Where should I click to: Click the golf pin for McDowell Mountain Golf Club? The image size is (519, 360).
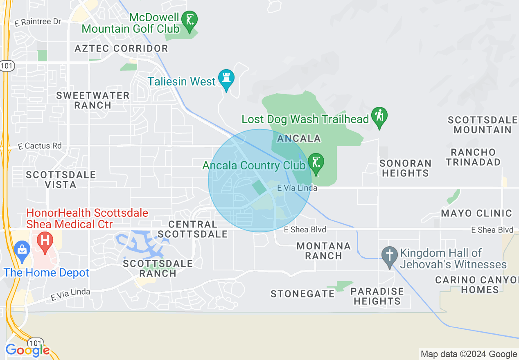[x=190, y=20]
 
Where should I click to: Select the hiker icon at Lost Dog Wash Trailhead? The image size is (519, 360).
[x=379, y=116]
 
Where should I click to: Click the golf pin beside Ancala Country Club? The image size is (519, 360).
[x=316, y=162]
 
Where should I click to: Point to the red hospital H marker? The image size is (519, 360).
[x=45, y=240]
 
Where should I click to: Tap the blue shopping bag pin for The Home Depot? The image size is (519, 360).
[x=21, y=250]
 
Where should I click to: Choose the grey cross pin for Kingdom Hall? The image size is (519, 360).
[x=389, y=255]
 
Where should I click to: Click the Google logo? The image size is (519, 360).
[x=27, y=350]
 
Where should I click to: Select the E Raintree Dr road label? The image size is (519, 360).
[x=38, y=22]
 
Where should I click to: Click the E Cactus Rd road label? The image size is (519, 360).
[x=40, y=146]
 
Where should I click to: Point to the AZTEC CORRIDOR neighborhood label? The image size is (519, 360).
[x=121, y=48]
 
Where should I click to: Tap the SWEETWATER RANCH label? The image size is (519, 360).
[x=93, y=100]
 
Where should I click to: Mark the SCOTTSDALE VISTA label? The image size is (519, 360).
[x=61, y=180]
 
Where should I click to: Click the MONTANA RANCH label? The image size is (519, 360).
[x=324, y=251]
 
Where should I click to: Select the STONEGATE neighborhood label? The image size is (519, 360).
[x=302, y=294]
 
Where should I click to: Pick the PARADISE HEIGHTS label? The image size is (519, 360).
[x=377, y=296]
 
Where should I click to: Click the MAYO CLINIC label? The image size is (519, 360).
[x=476, y=213]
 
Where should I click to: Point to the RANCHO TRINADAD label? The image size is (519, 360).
[x=473, y=157]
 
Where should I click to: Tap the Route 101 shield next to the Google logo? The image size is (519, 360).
[x=36, y=342]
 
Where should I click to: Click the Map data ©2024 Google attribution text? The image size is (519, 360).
[x=469, y=354]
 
